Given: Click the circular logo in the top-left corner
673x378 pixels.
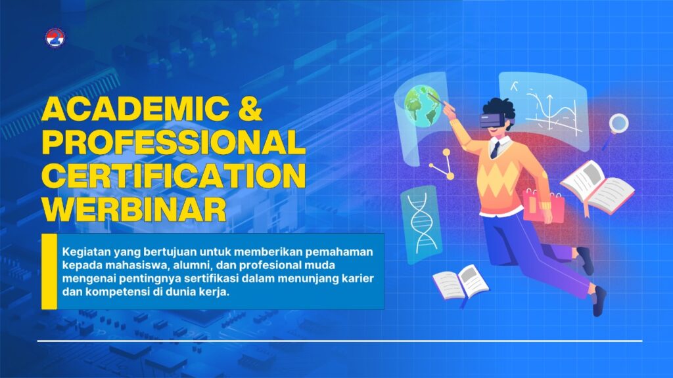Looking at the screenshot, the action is pyautogui.click(x=55, y=37).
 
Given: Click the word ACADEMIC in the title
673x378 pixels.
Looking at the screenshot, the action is pyautogui.click(x=135, y=109).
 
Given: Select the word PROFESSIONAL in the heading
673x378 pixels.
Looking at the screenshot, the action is pyautogui.click(x=174, y=142).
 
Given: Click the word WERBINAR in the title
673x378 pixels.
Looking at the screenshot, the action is pyautogui.click(x=134, y=209).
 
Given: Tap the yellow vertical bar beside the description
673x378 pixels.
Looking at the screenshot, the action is pyautogui.click(x=49, y=271).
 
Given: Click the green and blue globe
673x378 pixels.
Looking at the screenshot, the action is pyautogui.click(x=423, y=106).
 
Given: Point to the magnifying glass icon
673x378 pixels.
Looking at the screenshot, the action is pyautogui.click(x=617, y=127).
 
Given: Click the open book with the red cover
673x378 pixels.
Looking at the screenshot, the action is pyautogui.click(x=597, y=188).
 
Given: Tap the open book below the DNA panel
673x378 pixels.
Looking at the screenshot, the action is pyautogui.click(x=461, y=282).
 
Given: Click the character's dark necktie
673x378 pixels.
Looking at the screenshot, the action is pyautogui.click(x=496, y=150).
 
